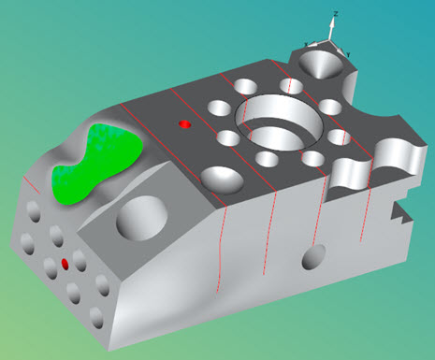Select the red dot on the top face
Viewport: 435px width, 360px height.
184,123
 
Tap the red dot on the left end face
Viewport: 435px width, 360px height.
65,265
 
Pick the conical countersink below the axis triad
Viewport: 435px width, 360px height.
322,64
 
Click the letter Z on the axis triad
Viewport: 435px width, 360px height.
335,14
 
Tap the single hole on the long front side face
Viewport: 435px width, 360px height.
314,253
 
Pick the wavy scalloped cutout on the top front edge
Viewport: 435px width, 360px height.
355,169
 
